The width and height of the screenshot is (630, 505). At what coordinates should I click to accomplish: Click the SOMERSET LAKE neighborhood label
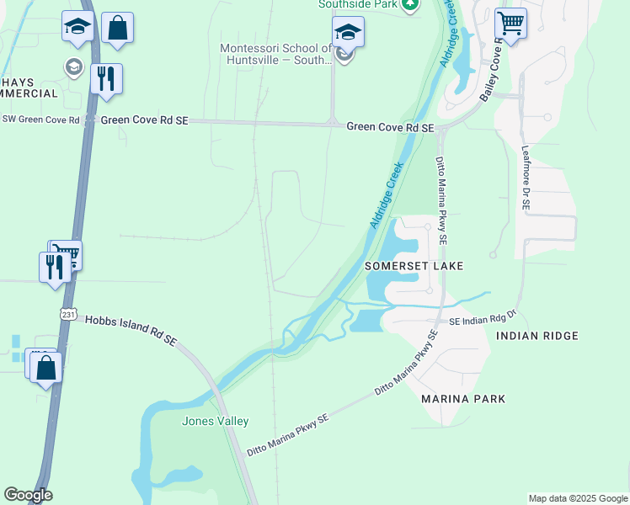(414, 266)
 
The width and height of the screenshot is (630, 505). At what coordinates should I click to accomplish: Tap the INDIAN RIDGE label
(537, 336)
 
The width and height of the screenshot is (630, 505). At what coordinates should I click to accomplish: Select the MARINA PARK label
(463, 399)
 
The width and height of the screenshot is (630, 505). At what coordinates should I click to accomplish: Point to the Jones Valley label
(216, 421)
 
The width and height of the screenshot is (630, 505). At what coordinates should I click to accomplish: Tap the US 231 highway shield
(69, 314)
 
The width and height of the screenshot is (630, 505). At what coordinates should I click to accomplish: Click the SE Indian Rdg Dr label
(481, 322)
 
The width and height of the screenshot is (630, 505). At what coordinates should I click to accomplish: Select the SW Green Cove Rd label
(40, 120)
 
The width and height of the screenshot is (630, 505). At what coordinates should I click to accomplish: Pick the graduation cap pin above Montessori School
(348, 33)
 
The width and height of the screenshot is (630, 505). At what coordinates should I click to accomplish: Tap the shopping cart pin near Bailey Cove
(510, 24)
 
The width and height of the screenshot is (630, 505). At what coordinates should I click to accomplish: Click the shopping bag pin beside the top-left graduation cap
(117, 28)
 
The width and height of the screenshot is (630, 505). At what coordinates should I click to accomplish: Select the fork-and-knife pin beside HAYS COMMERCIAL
(106, 79)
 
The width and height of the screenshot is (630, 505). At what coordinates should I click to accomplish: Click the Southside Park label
(358, 4)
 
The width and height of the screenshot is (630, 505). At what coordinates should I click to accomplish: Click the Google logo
(28, 495)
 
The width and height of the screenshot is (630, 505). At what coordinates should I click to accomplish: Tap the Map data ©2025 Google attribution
(578, 498)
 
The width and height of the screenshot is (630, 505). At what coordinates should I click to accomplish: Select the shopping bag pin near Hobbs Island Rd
(46, 367)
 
